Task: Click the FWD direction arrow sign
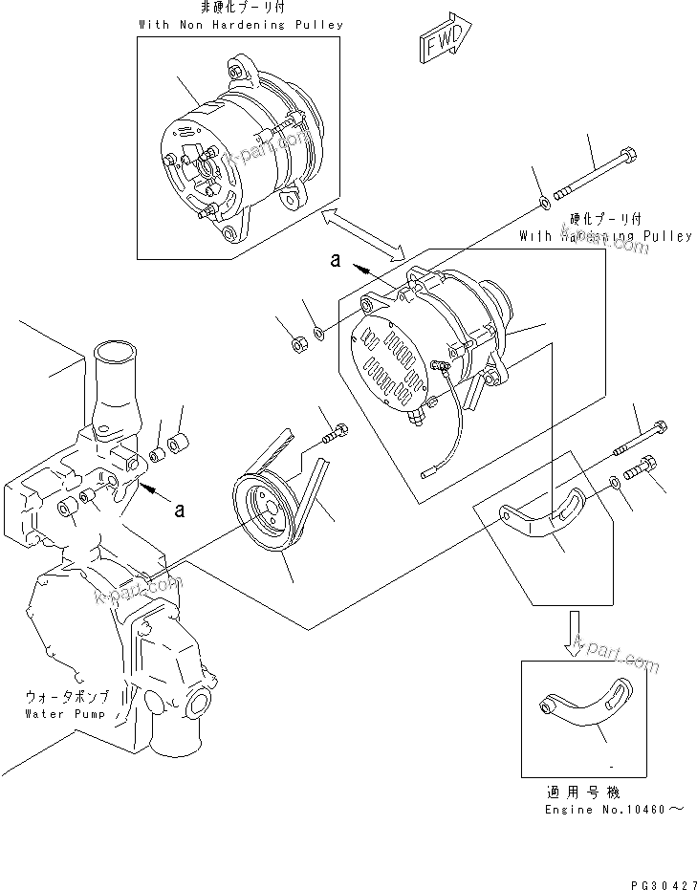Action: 442,43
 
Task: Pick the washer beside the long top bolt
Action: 542,202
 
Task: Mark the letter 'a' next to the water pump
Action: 179,510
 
